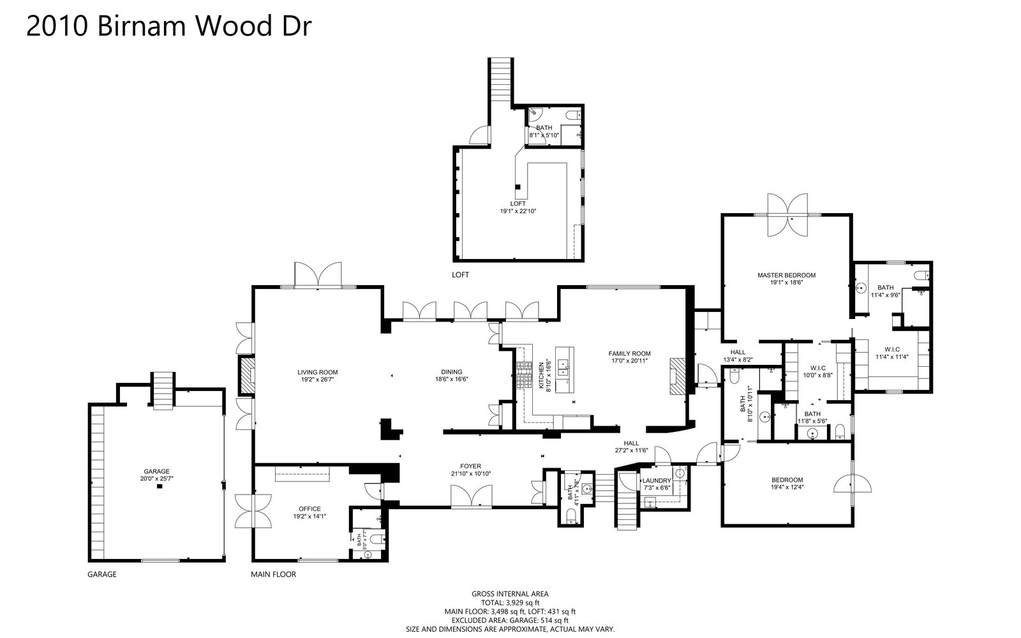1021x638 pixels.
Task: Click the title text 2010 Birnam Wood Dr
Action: click(x=169, y=27)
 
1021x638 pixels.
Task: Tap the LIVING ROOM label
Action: click(x=317, y=372)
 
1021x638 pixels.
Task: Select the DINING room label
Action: click(x=451, y=372)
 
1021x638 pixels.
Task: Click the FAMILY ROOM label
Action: click(x=629, y=353)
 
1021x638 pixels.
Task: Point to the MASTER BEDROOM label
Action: click(x=786, y=276)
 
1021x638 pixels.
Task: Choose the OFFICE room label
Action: click(x=309, y=508)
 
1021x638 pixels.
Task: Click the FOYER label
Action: click(x=471, y=466)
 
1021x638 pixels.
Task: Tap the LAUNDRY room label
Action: click(x=657, y=480)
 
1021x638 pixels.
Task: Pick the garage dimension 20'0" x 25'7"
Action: click(x=156, y=478)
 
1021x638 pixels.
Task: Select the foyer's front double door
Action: click(x=472, y=496)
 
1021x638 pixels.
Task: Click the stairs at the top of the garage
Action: click(x=162, y=390)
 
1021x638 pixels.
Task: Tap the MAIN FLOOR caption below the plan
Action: click(x=273, y=574)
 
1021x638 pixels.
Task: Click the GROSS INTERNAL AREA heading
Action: click(x=510, y=594)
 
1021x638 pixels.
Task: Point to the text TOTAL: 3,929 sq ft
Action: click(x=510, y=602)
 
